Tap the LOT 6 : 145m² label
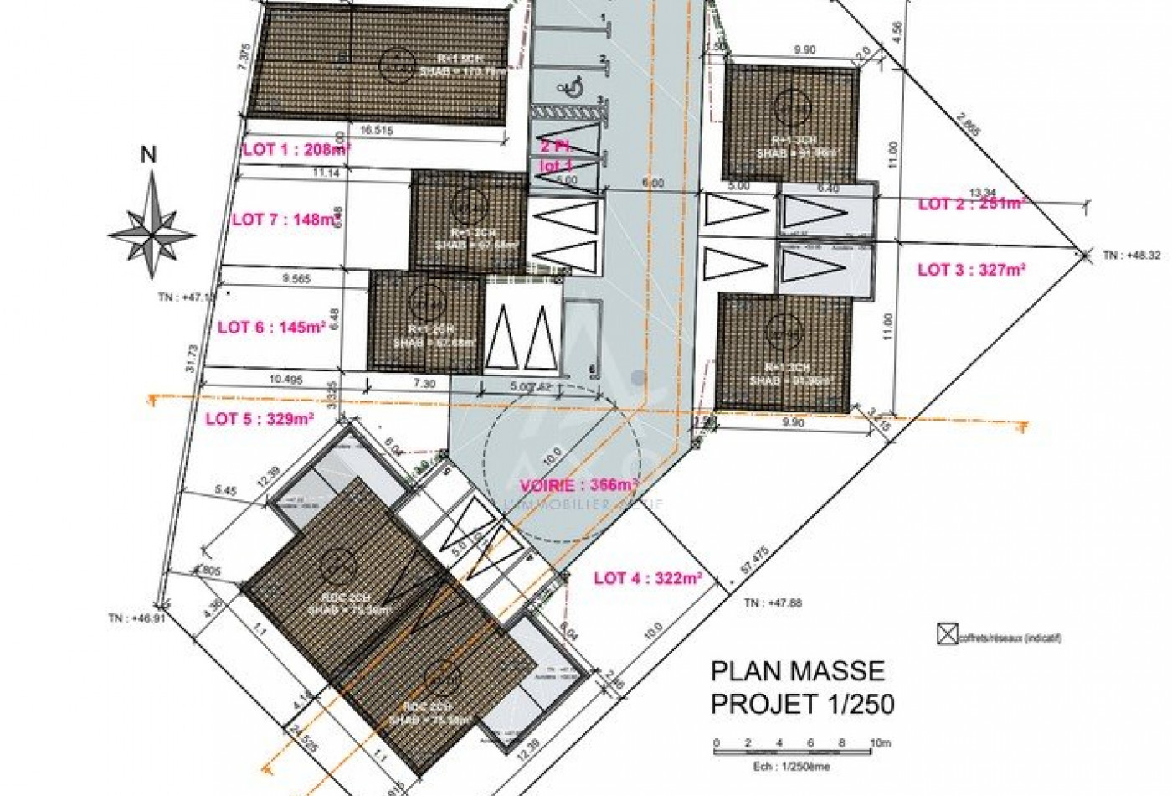tap(271, 328)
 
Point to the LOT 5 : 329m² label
tap(260, 419)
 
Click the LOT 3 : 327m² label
tap(972, 270)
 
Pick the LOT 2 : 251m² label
tap(972, 204)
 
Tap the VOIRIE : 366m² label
tap(578, 485)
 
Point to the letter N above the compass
tap(148, 155)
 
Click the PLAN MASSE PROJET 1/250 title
tap(801, 687)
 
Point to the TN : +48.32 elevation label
tap(1130, 256)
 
